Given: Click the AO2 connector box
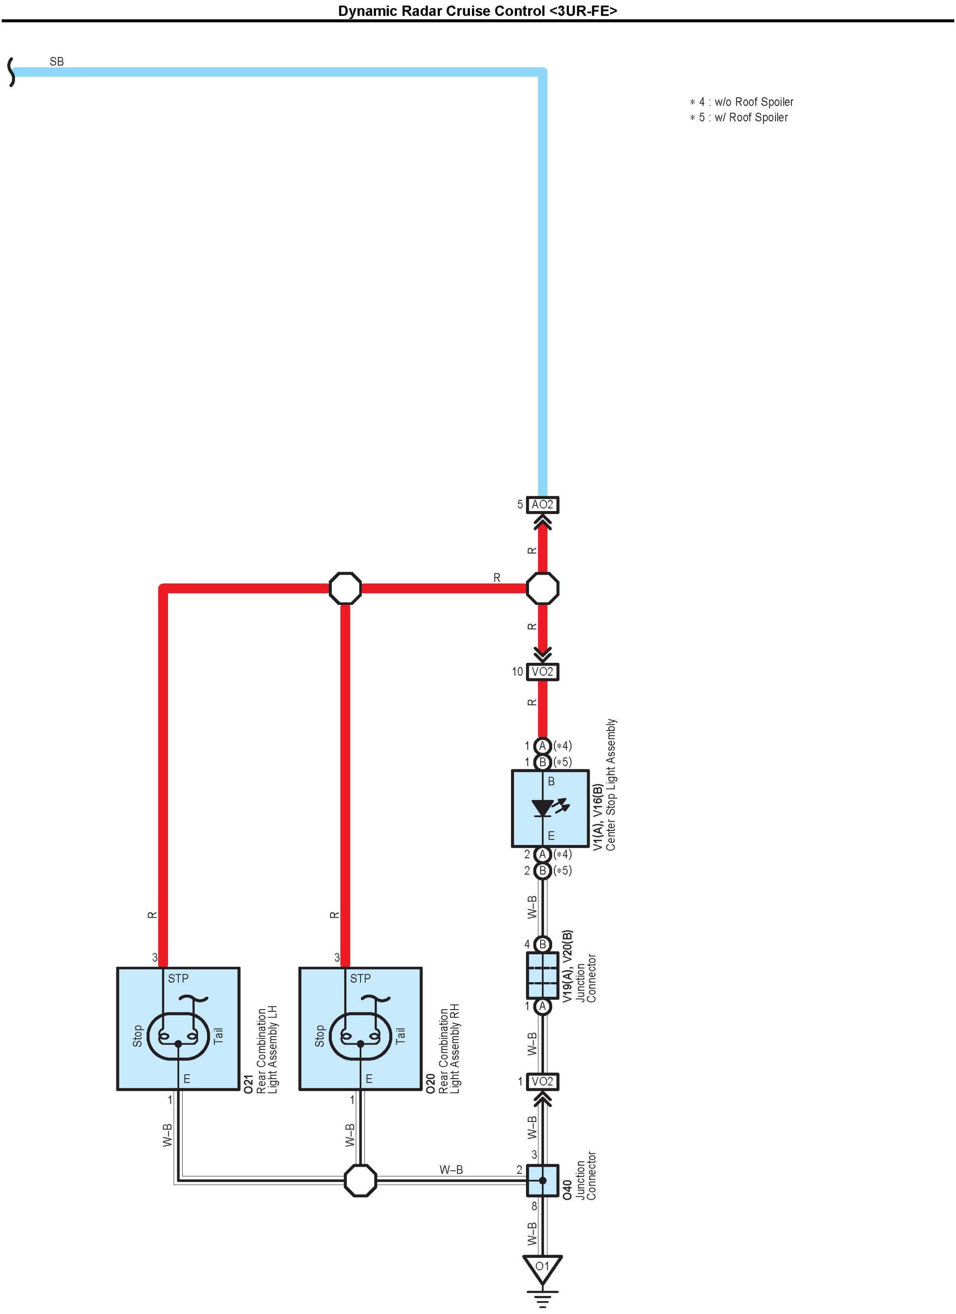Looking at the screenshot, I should coord(542,505).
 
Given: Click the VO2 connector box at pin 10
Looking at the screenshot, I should coord(542,672).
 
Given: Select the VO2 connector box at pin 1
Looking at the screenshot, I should coord(542,1082).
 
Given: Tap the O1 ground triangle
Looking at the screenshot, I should coord(542,1268).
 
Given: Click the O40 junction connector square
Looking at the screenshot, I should coord(542,1181).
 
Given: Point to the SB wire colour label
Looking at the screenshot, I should coord(57,61).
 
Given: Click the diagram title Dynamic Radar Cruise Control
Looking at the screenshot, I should coord(477,11).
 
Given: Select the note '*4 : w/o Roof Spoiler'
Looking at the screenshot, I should coord(741,102).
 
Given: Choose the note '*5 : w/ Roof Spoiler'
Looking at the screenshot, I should coord(739,118).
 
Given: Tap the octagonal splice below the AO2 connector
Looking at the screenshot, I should coord(542,588).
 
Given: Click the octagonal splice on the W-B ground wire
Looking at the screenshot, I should coord(361,1181).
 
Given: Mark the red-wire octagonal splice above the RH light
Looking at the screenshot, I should coord(346,588).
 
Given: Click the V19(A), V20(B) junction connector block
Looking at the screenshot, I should coord(542,976).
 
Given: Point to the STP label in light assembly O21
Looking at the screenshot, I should coord(178,979).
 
